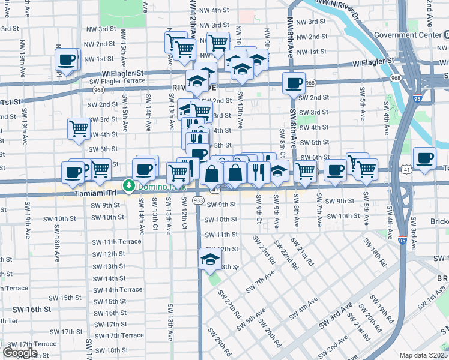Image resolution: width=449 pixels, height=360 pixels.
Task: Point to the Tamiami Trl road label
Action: [61, 193]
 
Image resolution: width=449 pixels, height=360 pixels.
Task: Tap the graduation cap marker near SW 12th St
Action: [209, 259]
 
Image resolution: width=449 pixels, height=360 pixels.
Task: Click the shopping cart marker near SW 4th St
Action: [79, 128]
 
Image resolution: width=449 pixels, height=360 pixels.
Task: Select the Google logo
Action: [20, 353]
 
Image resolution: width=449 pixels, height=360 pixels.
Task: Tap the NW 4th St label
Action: [214, 10]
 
